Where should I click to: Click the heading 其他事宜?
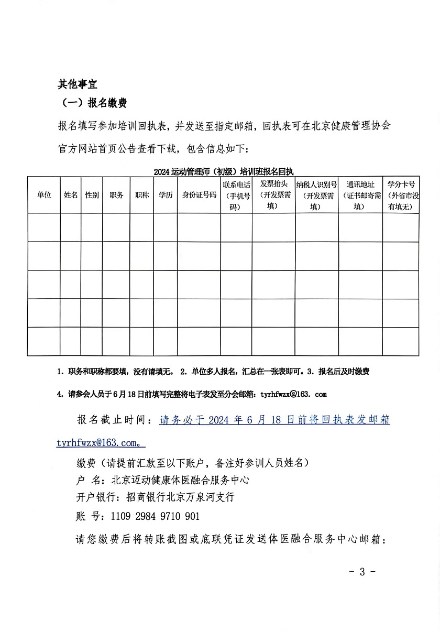[78, 84]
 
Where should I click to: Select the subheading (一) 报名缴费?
[92, 103]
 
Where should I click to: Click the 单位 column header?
[44, 195]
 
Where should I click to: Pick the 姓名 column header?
[71, 195]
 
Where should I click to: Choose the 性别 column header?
[92, 195]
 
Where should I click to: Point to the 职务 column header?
[116, 195]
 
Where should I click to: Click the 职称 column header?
[141, 195]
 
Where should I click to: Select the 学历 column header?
[166, 195]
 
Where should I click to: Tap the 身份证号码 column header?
[199, 195]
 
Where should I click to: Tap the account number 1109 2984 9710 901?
[155, 516]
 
